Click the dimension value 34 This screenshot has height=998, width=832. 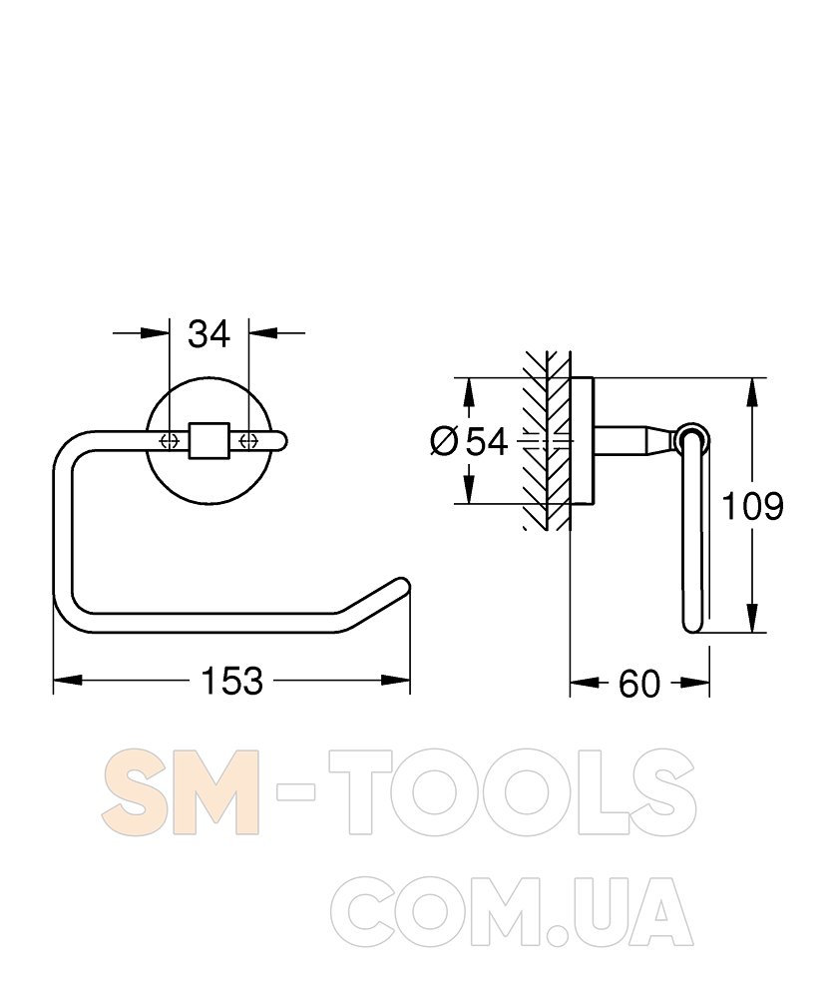tap(208, 334)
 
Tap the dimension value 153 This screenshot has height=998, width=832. tap(231, 681)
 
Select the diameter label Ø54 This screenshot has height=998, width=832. tap(470, 441)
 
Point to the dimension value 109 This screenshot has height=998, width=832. tap(752, 507)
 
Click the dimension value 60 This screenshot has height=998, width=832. tap(639, 684)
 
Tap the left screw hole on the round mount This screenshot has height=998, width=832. tap(170, 440)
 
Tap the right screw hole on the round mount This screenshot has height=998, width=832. tap(248, 440)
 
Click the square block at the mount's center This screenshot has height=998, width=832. tap(208, 440)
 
